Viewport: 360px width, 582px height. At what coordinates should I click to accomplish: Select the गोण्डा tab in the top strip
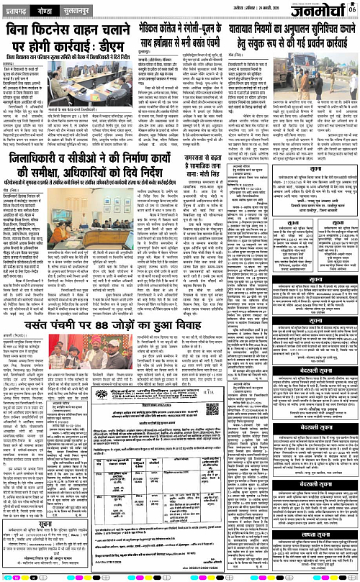(x=50, y=12)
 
